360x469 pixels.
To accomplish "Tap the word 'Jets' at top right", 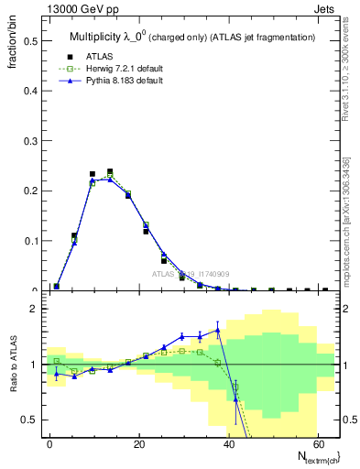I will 327,10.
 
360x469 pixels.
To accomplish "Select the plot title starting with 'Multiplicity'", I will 192,37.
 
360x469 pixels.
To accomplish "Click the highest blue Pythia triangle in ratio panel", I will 218,330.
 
